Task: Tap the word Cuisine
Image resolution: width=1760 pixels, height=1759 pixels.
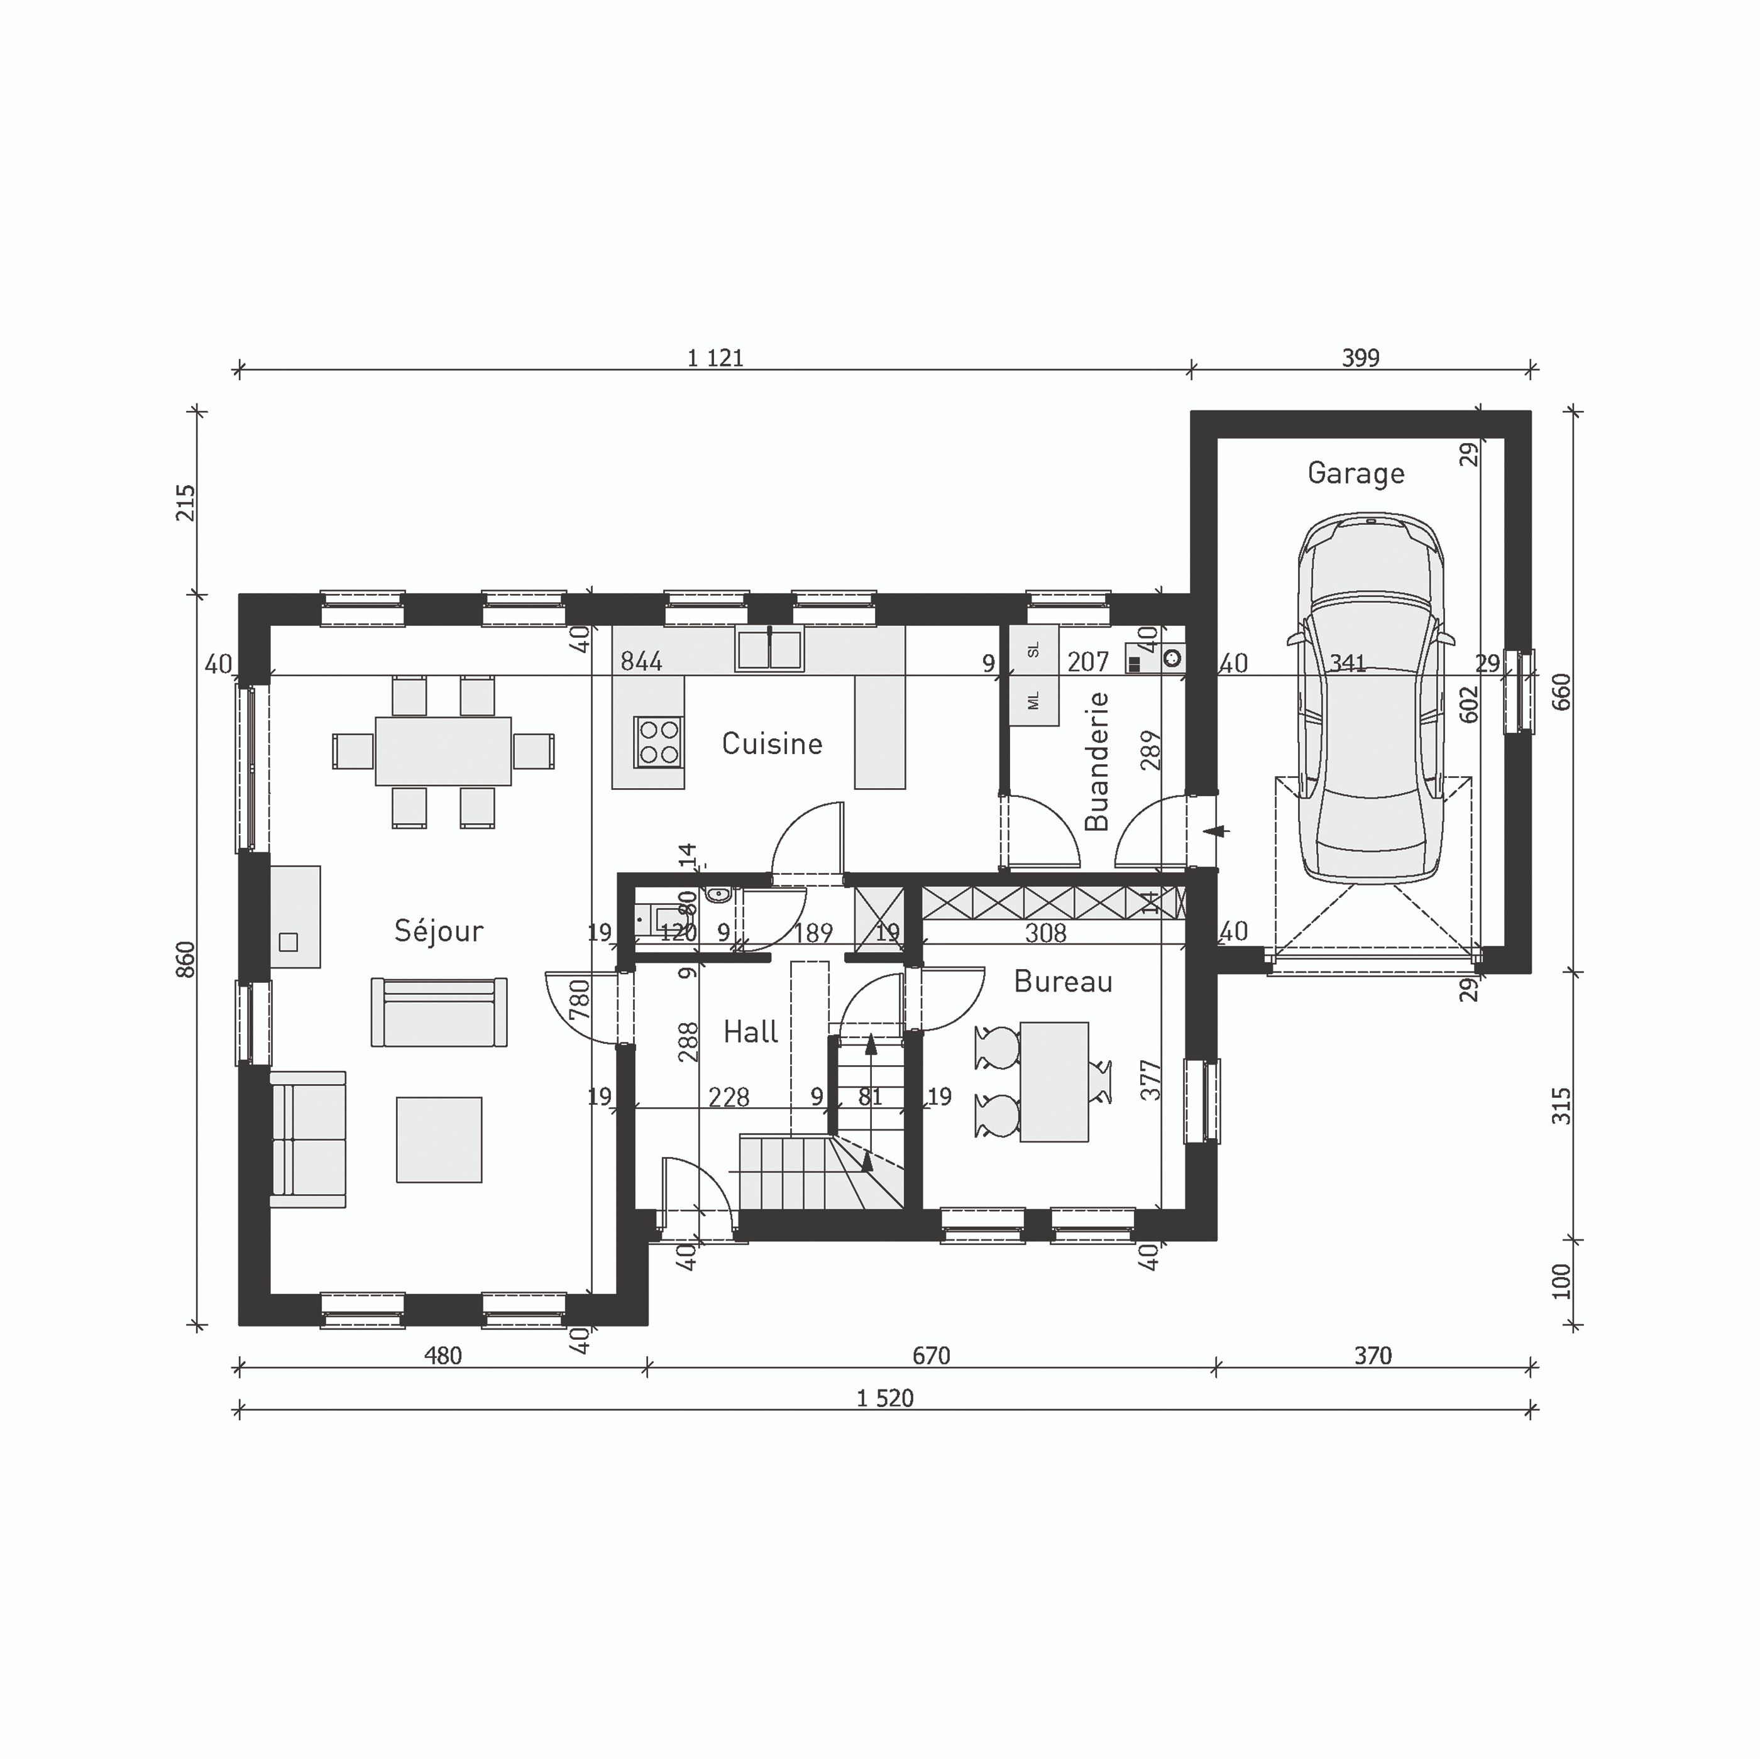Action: [x=772, y=743]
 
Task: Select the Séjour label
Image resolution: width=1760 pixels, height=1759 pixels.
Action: [x=438, y=930]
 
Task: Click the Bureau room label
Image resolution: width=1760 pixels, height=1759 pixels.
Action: [x=1062, y=981]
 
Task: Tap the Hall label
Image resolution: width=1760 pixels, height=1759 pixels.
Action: [x=750, y=1032]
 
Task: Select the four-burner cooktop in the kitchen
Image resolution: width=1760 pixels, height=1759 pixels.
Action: [x=659, y=740]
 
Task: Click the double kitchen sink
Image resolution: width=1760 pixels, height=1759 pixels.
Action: [x=769, y=649]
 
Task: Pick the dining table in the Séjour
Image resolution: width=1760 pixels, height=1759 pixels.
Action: [x=443, y=750]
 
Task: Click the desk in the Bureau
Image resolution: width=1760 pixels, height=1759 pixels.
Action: [x=1054, y=1082]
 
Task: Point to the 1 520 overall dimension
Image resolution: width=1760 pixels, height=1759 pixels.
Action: [x=884, y=1398]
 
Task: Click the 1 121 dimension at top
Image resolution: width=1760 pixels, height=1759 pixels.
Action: [x=715, y=358]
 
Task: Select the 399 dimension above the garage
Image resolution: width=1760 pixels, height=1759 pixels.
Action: [x=1360, y=358]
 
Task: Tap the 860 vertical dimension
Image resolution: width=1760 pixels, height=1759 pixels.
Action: [x=185, y=959]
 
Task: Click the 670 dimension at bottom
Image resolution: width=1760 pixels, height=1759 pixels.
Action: [x=931, y=1356]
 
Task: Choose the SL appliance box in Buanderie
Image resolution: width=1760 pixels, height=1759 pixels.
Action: [x=1033, y=649]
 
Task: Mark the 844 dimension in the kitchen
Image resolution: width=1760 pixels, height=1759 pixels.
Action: [x=641, y=661]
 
